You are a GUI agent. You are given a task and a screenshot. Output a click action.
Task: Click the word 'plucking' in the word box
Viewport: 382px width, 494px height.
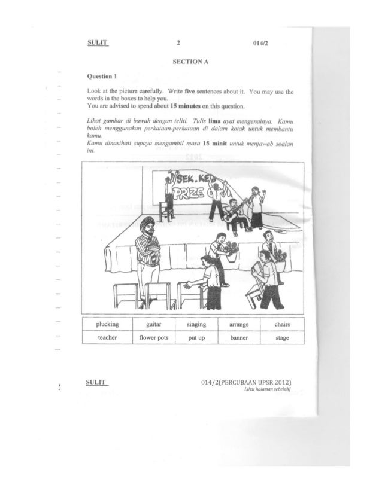click(107, 324)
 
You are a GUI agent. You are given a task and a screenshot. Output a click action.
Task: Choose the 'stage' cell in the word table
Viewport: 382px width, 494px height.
click(283, 338)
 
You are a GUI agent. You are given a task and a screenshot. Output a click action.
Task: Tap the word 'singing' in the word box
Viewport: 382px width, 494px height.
click(196, 324)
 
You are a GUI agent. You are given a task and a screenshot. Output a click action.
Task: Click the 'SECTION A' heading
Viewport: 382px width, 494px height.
click(189, 62)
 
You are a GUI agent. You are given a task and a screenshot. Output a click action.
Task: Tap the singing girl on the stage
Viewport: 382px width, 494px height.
click(256, 206)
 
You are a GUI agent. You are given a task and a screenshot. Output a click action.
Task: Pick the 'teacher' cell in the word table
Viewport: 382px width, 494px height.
click(107, 338)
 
